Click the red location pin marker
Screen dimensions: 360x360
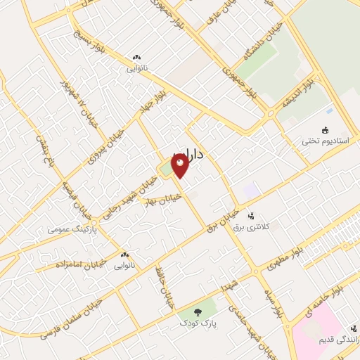pyautogui.click(x=181, y=166)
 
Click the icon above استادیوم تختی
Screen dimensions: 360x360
pyautogui.click(x=325, y=130)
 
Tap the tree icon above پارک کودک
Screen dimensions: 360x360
pyautogui.click(x=195, y=311)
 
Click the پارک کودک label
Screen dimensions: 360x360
pyautogui.click(x=193, y=322)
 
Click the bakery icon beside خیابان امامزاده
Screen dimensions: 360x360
pyautogui.click(x=125, y=255)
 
